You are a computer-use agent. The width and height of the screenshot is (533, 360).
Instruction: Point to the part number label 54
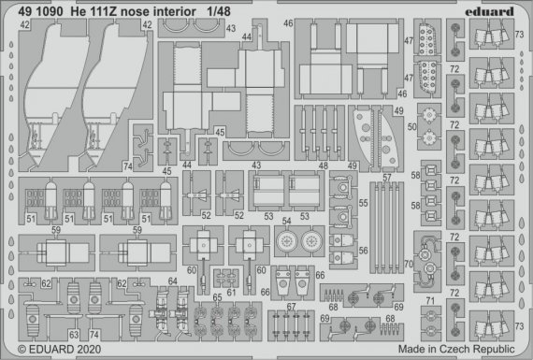[288, 220]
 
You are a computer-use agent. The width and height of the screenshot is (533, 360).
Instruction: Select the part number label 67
[291, 307]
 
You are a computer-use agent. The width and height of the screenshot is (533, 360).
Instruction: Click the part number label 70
[408, 265]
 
